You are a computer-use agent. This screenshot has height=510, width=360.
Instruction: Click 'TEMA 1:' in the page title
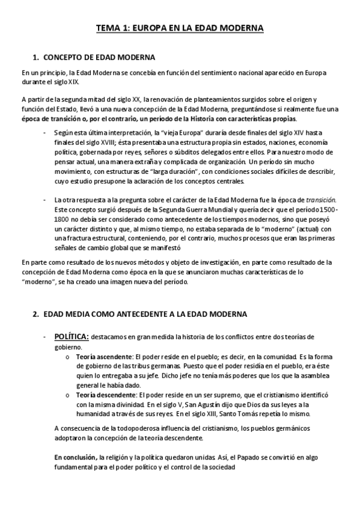click(x=115, y=28)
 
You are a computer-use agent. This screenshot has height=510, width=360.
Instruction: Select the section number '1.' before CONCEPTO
click(x=35, y=57)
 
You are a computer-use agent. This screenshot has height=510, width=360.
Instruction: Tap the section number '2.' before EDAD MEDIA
click(x=35, y=315)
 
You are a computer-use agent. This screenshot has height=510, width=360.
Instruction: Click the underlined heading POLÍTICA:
click(x=72, y=337)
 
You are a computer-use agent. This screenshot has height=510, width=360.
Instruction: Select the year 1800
click(x=63, y=220)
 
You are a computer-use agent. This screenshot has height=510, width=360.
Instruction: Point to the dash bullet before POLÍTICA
click(x=44, y=337)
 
